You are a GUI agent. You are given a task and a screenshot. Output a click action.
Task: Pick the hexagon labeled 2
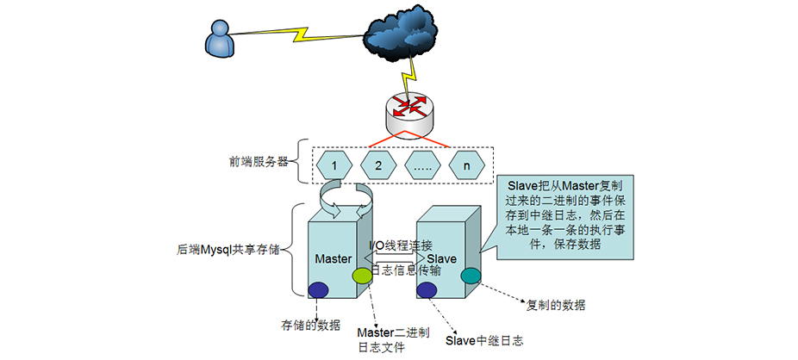click(377, 163)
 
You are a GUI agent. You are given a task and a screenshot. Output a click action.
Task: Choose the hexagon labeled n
click(467, 163)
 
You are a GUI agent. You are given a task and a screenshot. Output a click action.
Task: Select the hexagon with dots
click(422, 163)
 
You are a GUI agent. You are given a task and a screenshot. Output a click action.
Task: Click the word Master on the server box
click(333, 258)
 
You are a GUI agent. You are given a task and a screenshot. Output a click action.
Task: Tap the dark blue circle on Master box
click(319, 289)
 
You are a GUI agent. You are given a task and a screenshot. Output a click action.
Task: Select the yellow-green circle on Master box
click(361, 276)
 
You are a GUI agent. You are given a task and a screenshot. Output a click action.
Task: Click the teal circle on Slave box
click(471, 276)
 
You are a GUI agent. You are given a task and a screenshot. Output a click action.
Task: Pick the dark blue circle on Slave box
click(426, 290)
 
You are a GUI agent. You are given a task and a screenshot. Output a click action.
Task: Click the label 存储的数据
click(310, 326)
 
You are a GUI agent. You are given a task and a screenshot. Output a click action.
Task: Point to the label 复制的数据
click(557, 305)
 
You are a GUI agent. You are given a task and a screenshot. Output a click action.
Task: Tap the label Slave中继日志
click(484, 340)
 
